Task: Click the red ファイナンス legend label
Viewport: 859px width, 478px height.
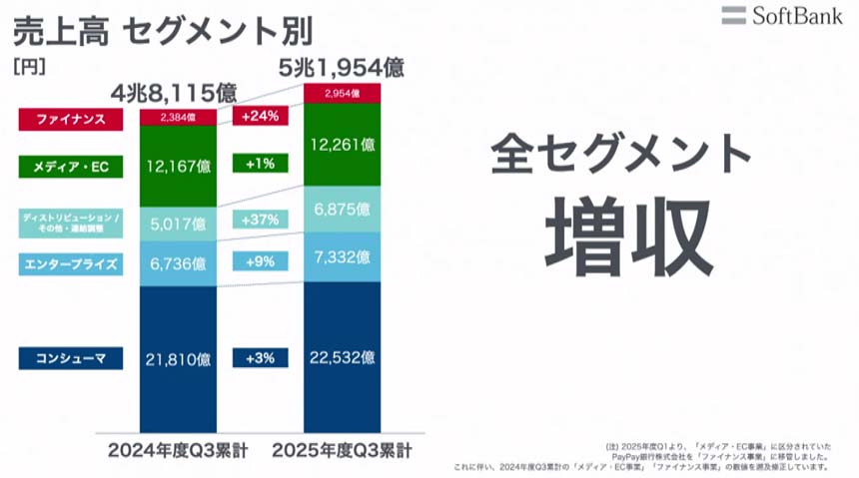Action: (71, 119)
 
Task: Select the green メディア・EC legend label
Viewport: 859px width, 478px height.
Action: (71, 167)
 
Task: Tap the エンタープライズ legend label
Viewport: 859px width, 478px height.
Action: (71, 264)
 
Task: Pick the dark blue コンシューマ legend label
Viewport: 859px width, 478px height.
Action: (71, 357)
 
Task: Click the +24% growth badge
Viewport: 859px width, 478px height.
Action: (260, 117)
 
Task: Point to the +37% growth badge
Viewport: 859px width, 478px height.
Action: (260, 220)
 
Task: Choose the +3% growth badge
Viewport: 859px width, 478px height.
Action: (260, 357)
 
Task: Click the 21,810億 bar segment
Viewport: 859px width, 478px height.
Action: (178, 357)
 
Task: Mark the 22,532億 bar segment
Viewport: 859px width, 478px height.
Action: (342, 356)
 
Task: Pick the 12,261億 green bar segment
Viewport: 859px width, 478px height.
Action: (342, 145)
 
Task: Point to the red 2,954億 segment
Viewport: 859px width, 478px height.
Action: (342, 93)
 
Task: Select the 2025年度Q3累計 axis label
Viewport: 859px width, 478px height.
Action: (343, 450)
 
